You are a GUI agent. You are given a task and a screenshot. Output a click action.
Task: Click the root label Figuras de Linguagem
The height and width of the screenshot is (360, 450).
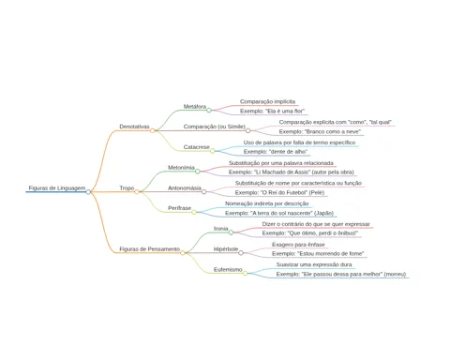click(x=57, y=188)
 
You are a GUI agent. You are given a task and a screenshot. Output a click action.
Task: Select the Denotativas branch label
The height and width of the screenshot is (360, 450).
click(x=134, y=127)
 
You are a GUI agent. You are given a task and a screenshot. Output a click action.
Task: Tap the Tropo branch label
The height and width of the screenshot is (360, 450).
click(x=127, y=188)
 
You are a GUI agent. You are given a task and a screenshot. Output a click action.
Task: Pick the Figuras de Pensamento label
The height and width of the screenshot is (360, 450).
click(x=150, y=249)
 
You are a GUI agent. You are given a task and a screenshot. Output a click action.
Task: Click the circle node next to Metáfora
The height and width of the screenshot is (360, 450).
click(x=209, y=110)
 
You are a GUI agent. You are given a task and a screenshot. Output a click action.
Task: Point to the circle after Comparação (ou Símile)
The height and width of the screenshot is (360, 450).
click(x=247, y=130)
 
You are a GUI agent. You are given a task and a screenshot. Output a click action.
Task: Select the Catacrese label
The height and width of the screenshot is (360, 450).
click(x=197, y=147)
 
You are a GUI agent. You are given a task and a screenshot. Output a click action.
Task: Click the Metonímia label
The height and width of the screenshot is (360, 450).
click(x=181, y=168)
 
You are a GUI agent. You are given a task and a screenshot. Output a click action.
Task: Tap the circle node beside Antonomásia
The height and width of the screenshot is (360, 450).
click(x=203, y=191)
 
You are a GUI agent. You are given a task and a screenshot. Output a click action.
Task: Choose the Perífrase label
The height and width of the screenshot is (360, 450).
click(x=180, y=208)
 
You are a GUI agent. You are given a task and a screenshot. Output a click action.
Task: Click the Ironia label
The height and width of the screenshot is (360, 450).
click(x=221, y=229)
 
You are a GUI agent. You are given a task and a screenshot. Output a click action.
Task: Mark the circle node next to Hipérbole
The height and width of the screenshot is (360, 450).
click(x=241, y=253)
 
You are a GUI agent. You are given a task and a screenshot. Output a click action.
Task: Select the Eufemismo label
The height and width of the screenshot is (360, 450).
click(x=228, y=269)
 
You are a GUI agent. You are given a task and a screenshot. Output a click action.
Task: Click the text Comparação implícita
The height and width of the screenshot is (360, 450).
click(x=267, y=101)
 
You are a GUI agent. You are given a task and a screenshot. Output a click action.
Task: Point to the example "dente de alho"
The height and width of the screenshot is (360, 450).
click(x=276, y=152)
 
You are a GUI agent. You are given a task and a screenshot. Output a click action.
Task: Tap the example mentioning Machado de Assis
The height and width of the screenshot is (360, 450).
click(x=292, y=172)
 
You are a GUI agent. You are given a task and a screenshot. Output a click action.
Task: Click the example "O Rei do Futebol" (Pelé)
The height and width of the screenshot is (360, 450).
click(x=279, y=192)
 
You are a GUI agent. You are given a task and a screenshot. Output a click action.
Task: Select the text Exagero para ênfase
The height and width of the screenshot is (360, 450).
click(x=298, y=245)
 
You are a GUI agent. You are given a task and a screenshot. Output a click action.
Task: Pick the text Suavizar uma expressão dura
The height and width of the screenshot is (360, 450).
click(x=314, y=264)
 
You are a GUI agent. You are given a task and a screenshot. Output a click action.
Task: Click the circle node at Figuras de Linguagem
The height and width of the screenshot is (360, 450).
click(x=88, y=192)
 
